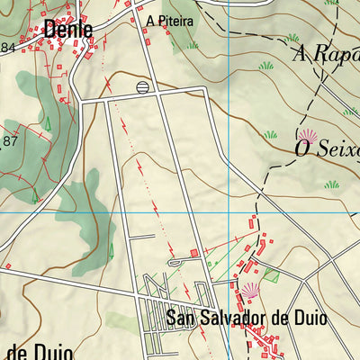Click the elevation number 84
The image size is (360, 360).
8,47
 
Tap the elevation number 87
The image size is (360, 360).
11,141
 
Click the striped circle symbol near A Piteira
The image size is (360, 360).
142,86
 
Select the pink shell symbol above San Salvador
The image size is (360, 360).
250,290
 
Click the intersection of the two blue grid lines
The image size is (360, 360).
229,213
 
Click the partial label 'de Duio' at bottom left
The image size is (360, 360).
36,349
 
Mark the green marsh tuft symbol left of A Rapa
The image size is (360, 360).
266,66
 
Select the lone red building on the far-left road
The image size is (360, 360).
8,266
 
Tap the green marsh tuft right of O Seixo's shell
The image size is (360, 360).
333,184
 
